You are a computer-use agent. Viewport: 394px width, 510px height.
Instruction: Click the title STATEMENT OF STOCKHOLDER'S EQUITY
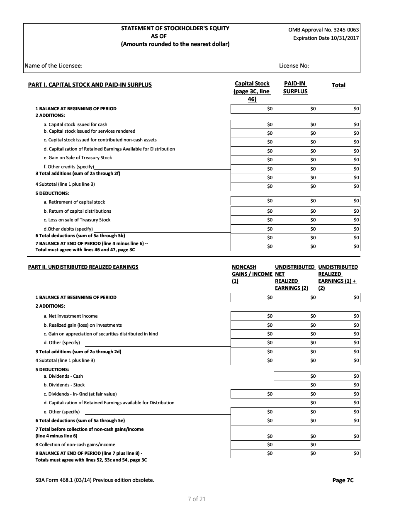[x=175, y=28]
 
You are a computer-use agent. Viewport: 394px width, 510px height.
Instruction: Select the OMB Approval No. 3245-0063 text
[x=323, y=30]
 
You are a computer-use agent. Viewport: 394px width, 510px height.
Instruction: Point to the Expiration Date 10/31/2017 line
[x=326, y=38]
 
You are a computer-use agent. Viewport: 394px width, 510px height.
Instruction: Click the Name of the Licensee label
[x=54, y=66]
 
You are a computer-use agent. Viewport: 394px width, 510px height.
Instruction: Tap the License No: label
[x=294, y=66]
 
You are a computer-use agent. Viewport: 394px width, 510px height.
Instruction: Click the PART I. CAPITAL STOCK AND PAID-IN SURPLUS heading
[x=90, y=85]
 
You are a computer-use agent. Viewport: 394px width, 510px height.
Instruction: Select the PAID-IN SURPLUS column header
[x=295, y=87]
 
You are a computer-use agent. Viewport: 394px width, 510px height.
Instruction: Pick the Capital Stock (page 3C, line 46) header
[x=252, y=91]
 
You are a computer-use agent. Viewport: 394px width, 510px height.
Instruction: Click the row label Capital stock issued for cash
[x=75, y=124]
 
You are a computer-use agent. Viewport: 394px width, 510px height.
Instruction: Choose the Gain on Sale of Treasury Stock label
[x=78, y=158]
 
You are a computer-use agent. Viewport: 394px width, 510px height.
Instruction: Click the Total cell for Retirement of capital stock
[x=338, y=201]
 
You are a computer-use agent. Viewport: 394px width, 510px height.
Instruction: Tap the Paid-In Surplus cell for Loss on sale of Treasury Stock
[x=295, y=220]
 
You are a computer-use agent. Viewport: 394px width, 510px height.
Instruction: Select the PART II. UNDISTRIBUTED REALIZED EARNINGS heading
[x=83, y=267]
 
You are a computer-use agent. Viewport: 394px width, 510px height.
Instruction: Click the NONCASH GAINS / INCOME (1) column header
[x=252, y=274]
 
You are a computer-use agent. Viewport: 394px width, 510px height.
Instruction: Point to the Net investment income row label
[x=71, y=316]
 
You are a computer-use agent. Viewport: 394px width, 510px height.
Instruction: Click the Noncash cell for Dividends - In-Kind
[x=252, y=394]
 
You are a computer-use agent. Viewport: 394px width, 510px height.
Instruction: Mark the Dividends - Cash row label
[x=63, y=376]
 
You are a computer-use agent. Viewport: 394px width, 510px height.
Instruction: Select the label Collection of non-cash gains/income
[x=75, y=444]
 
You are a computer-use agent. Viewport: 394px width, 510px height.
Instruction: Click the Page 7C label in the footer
[x=343, y=480]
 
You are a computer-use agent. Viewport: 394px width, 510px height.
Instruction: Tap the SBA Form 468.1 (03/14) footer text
[x=95, y=480]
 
